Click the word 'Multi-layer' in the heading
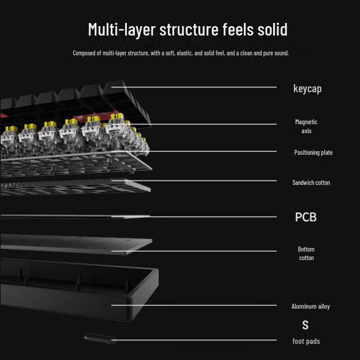122,29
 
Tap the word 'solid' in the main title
273,29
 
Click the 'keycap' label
307,89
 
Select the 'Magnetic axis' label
306,126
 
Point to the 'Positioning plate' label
313,153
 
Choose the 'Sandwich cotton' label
311,183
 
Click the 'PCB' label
306,217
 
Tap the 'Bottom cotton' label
306,253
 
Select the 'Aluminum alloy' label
310,306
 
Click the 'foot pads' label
306,341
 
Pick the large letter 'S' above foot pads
306,325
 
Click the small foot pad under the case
100,338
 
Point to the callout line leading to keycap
194,87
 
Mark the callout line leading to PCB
194,217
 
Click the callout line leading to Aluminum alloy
194,306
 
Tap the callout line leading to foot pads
194,340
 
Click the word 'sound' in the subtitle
282,53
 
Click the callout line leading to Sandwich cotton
194,181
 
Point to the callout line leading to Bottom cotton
194,251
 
